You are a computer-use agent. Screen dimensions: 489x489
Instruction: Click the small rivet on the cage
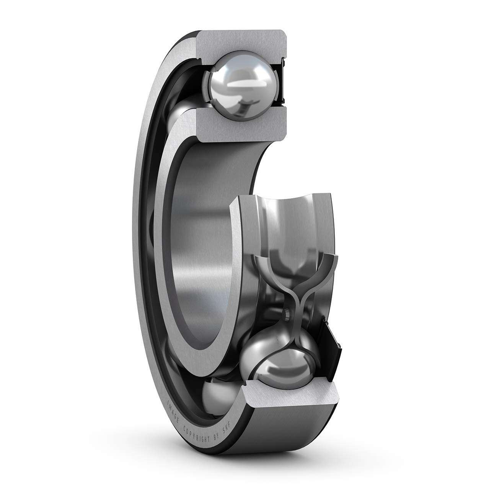click(286, 313)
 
